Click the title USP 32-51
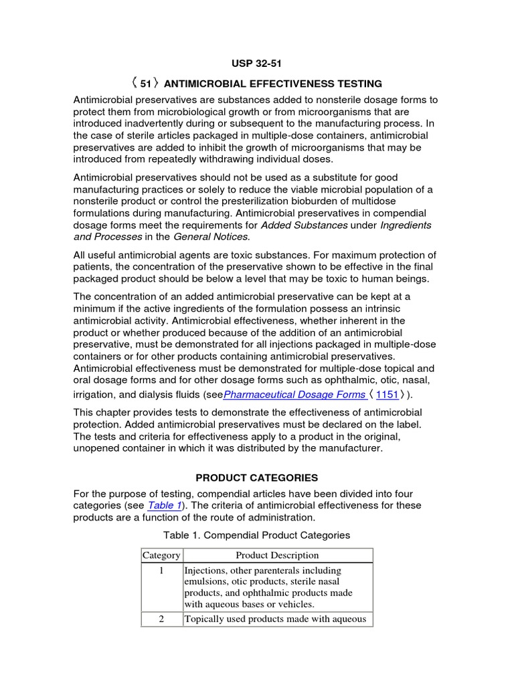click(256, 64)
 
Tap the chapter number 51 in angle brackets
click(145, 84)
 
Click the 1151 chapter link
click(388, 395)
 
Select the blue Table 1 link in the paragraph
click(164, 506)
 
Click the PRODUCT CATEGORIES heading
click(256, 478)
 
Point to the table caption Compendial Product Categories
click(256, 535)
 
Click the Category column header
click(161, 555)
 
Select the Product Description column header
click(277, 555)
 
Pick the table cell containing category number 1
click(161, 571)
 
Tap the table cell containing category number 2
click(161, 619)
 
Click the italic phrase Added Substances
click(304, 225)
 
